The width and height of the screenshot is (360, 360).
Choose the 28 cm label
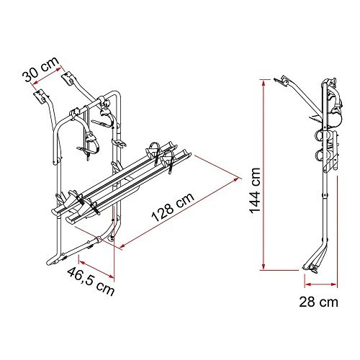click(x=318, y=302)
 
